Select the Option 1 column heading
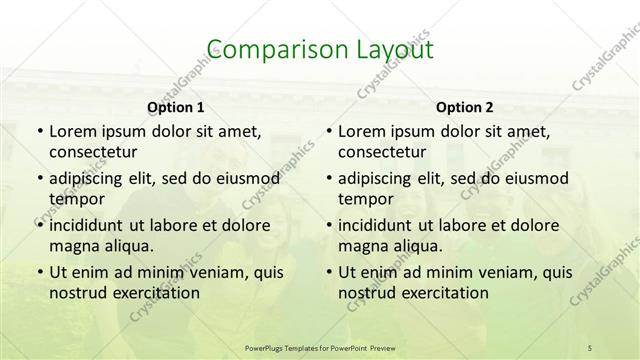[175, 107]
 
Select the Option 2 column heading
[464, 107]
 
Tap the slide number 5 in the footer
[589, 347]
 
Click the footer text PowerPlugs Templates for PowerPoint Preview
[319, 347]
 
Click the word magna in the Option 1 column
[71, 246]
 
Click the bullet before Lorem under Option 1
[39, 131]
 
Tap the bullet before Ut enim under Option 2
[328, 271]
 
